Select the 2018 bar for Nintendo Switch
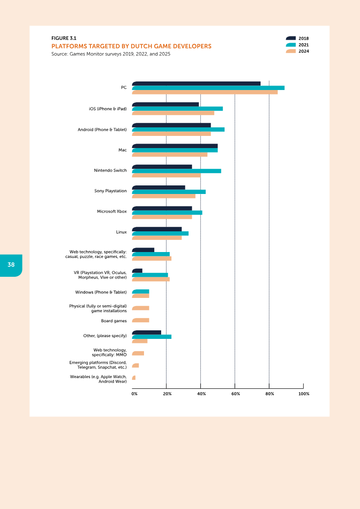pos(162,167)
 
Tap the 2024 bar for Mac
pos(170,154)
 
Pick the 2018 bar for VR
pos(137,270)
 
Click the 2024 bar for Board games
pos(140,320)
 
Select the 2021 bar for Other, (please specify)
pos(152,337)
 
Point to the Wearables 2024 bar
pos(134,378)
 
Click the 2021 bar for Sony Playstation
pos(169,192)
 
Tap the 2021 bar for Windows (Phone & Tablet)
pos(140,292)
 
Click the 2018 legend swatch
pos(291,39)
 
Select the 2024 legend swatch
pos(291,51)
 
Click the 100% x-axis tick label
pos(304,394)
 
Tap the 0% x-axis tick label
pos(135,394)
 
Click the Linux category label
pos(121,232)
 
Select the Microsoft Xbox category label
pos(112,212)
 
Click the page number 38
pos(11,265)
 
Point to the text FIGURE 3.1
pos(61,38)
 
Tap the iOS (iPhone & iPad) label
pos(108,109)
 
